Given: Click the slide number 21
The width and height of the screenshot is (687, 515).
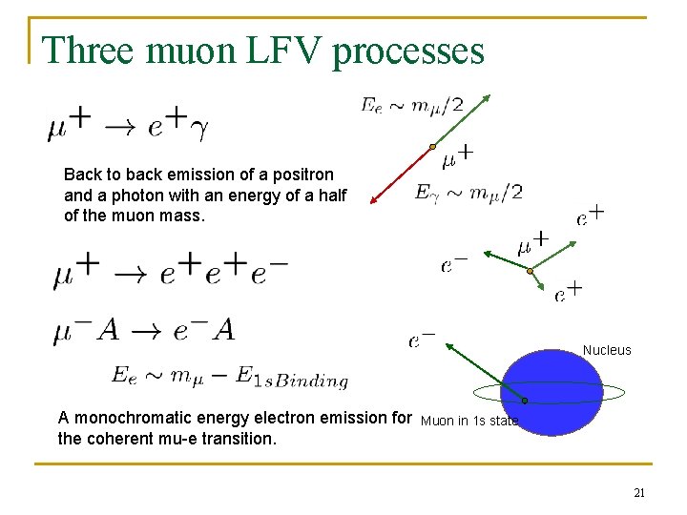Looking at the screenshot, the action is pos(639,492).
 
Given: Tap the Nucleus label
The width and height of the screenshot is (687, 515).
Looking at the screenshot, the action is pos(607,350).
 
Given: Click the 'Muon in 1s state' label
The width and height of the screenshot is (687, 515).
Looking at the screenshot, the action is pos(469,421).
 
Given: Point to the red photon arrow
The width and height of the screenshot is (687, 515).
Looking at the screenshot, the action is pos(400,175).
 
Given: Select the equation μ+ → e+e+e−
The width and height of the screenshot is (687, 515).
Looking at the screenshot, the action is pos(171,271).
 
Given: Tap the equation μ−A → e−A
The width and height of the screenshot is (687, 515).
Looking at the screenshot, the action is pos(144,330).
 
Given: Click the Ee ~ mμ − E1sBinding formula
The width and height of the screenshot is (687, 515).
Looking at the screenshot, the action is pos(229,377).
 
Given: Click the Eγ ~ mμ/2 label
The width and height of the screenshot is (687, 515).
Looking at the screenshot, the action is pos(468,193).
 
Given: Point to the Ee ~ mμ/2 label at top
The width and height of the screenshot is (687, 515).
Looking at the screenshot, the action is pos(411,105).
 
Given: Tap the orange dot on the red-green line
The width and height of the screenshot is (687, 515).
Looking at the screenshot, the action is pos(432,147).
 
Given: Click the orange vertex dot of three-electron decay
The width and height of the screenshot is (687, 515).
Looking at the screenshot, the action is pos(531,271).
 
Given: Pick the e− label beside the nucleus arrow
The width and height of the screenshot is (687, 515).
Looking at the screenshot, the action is pos(422,340).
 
